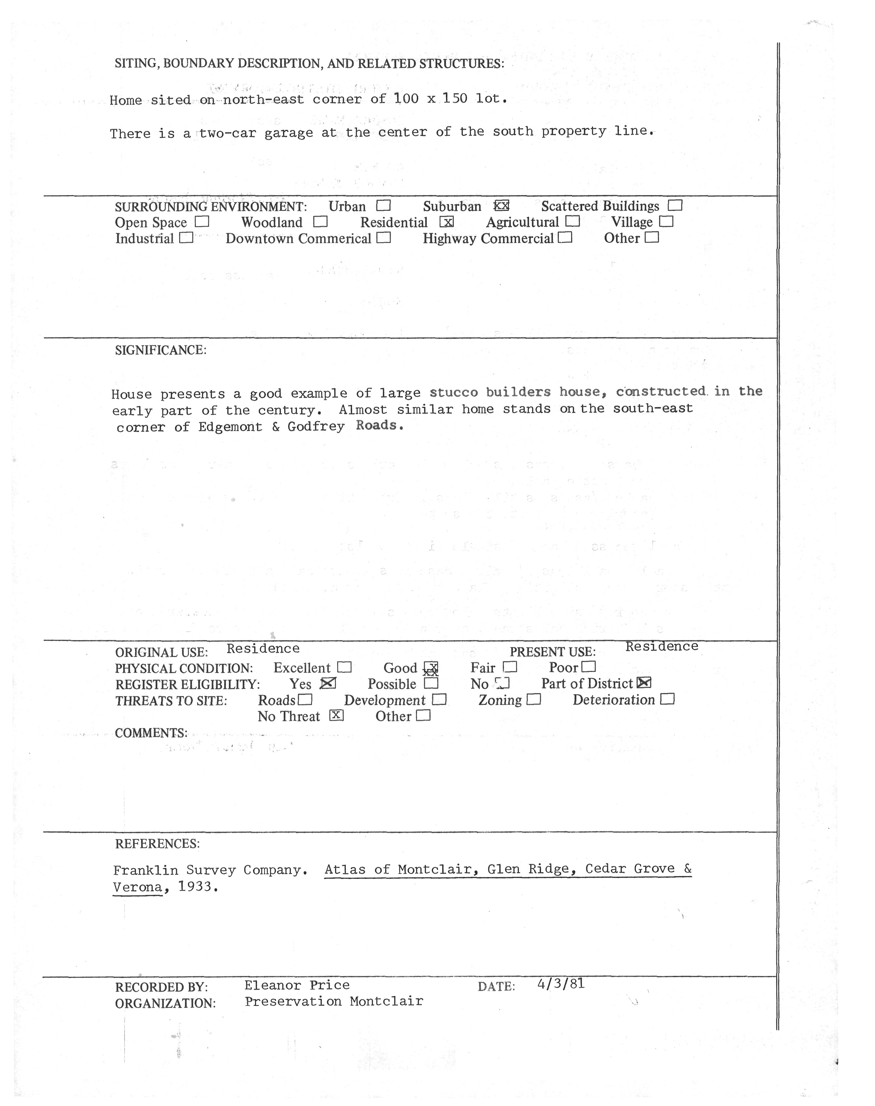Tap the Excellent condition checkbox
click(x=344, y=667)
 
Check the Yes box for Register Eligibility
click(x=328, y=683)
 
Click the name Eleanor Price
click(x=297, y=985)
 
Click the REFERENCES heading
click(x=157, y=844)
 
